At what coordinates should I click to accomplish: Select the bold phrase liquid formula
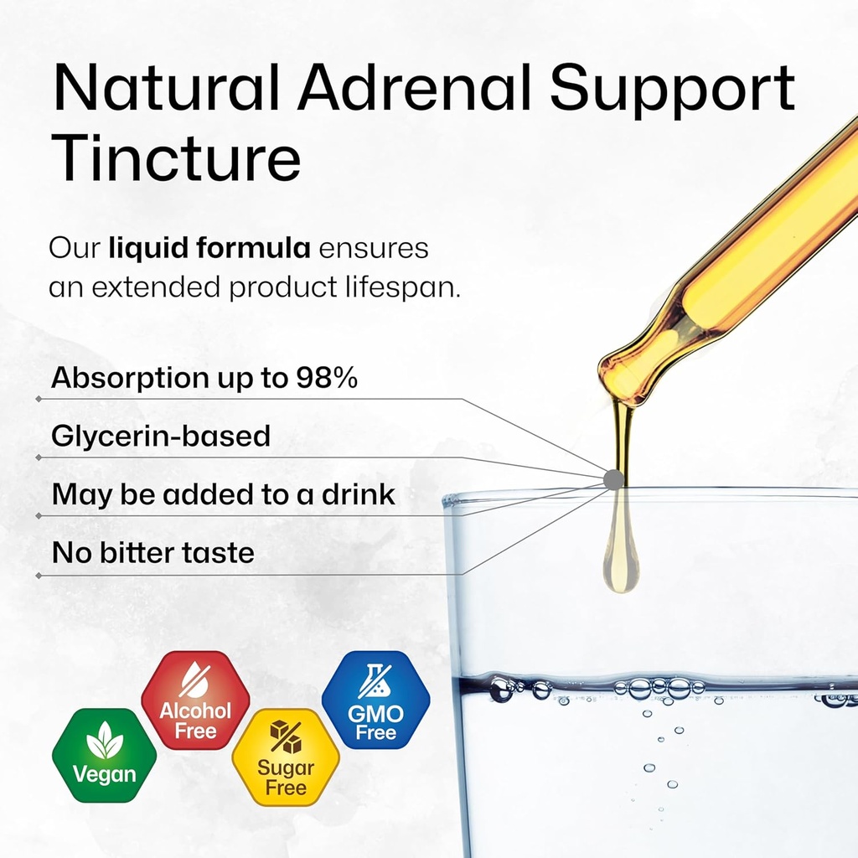(210, 249)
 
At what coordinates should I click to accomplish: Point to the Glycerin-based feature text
(161, 437)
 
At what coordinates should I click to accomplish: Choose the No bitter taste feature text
(153, 553)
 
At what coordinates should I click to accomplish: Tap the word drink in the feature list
(359, 494)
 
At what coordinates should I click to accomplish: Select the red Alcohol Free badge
(195, 700)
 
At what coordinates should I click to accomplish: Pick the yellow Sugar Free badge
(286, 757)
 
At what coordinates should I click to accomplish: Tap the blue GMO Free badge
(375, 700)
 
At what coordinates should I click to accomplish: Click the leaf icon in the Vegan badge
(105, 741)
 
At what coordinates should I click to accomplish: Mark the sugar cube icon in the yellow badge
(286, 737)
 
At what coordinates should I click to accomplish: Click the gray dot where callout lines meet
(613, 479)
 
